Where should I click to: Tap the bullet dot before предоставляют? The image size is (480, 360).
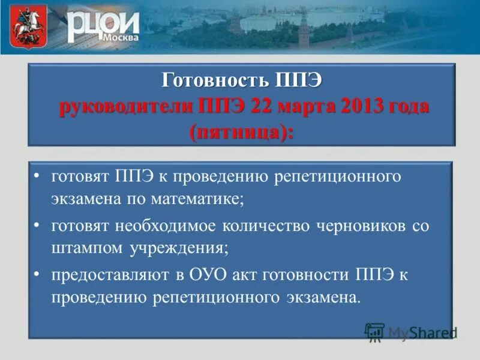[x=37, y=274]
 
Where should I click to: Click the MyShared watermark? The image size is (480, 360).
[x=411, y=332]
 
